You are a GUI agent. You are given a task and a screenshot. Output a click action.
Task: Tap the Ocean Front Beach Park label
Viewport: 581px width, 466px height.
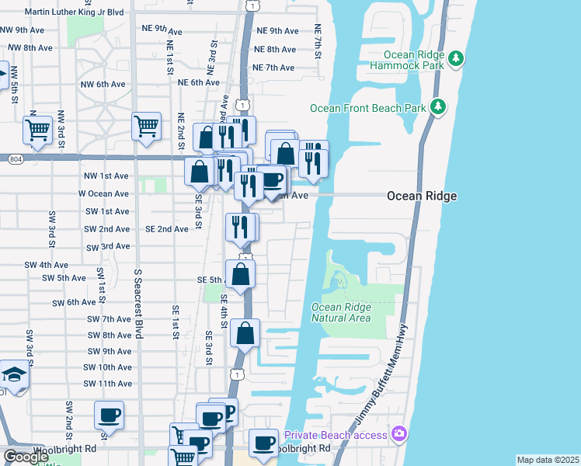pos(368,108)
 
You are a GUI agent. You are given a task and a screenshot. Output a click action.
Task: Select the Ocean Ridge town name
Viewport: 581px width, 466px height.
pos(422,196)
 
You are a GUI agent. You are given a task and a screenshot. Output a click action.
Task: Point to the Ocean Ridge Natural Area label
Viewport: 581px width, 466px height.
pos(341,312)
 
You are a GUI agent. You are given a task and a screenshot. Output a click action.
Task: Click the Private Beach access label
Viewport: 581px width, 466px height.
pos(336,435)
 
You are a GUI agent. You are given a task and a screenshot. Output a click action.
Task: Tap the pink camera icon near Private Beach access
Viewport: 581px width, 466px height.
pos(399,433)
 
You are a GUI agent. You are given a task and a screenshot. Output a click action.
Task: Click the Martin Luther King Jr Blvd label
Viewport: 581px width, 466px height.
pos(74,12)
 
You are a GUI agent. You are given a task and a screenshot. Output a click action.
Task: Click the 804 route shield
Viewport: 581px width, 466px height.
pos(16,159)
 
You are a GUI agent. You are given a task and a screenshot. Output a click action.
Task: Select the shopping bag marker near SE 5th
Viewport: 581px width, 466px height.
pos(241,273)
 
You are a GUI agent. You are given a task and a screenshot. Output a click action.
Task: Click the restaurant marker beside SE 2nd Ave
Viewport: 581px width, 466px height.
pos(241,227)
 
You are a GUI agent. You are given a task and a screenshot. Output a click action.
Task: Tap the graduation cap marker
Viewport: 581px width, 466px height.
pos(13,374)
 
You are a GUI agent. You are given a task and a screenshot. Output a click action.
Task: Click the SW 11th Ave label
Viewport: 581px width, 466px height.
pos(108,384)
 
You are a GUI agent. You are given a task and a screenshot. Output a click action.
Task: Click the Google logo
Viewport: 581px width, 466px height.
pos(26,456)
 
